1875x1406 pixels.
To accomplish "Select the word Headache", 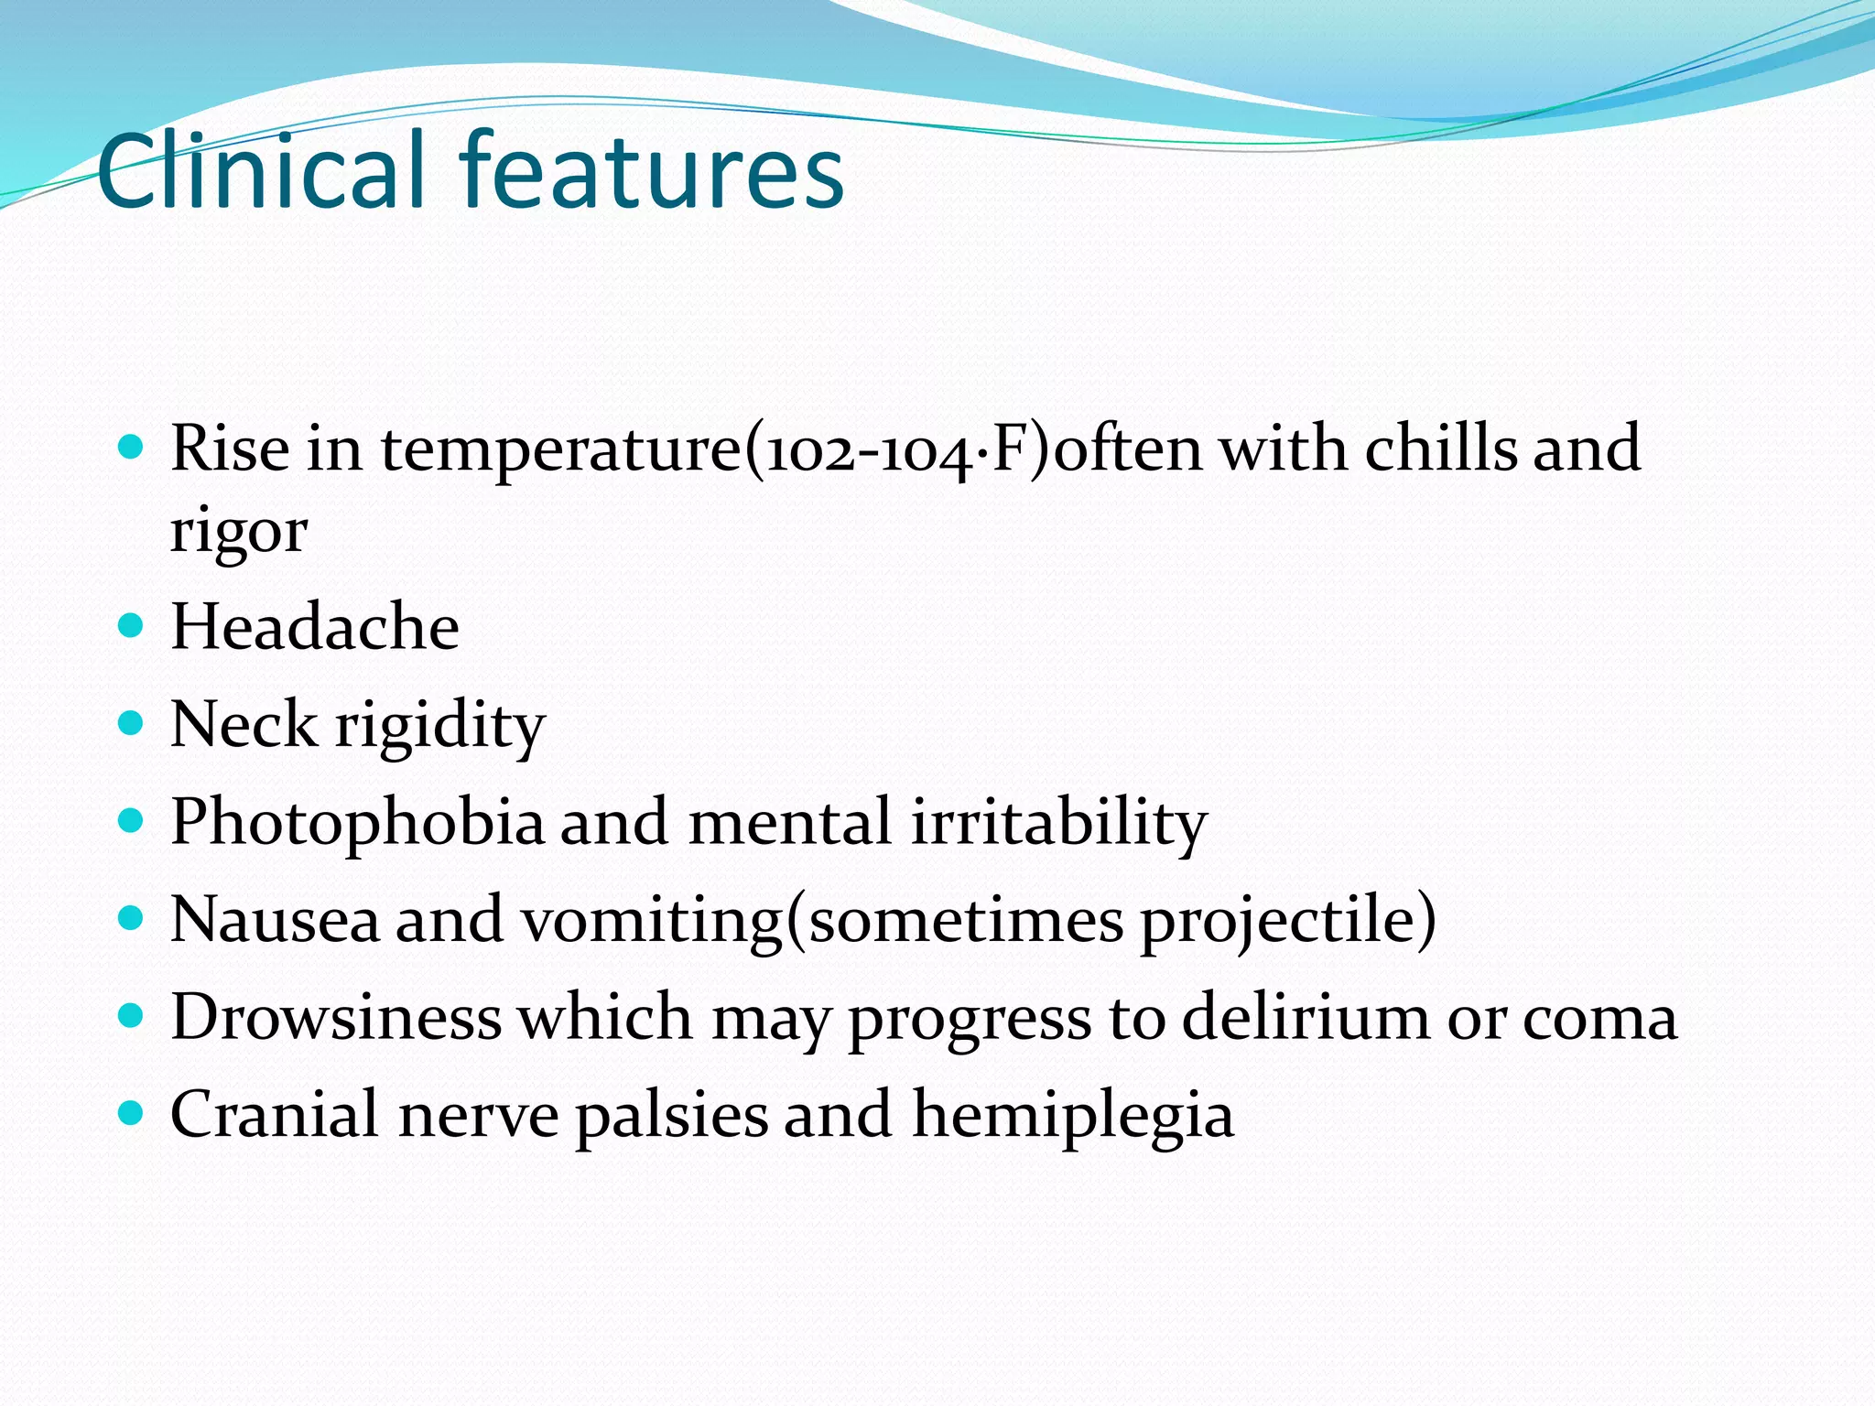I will [x=315, y=627].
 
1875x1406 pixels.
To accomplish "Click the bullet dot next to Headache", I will [x=132, y=625].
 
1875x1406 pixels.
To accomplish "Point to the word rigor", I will [x=239, y=531].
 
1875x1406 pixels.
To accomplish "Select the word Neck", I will [x=244, y=724].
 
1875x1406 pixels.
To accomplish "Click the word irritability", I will [x=1059, y=822].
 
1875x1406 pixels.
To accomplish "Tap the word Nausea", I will [x=275, y=920].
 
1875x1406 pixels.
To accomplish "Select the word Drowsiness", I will [x=336, y=1017].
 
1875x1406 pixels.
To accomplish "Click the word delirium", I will [x=1306, y=1017].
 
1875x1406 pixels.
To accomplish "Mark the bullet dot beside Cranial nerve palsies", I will [x=132, y=1113].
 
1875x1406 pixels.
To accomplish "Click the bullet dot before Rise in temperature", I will [x=132, y=447].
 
